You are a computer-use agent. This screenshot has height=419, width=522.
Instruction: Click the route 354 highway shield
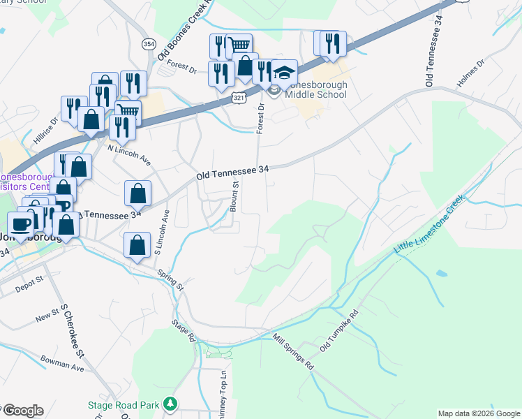click(149, 44)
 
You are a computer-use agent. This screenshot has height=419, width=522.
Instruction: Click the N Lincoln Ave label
click(129, 154)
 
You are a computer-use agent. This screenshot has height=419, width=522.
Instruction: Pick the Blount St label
click(235, 196)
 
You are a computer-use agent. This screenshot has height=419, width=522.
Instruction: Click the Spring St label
click(170, 280)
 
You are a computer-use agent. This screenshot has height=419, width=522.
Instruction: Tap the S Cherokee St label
click(72, 330)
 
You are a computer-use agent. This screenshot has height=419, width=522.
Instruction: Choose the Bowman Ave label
click(62, 365)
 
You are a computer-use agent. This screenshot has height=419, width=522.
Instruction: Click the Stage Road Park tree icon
click(169, 404)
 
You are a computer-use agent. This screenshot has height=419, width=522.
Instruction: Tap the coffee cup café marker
click(21, 224)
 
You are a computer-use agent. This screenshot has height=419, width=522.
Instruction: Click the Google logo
click(24, 411)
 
